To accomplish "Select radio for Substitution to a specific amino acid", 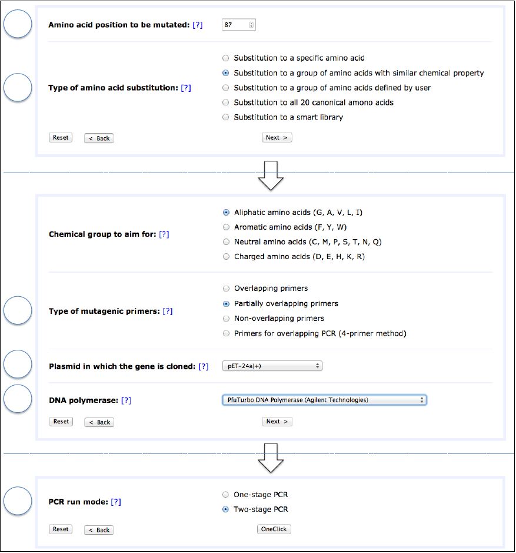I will tap(226, 58).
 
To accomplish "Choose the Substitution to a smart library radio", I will tap(226, 117).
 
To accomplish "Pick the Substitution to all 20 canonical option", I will tap(226, 102).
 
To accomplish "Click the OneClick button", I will tap(274, 529).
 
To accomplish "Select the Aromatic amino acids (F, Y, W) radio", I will tap(226, 227).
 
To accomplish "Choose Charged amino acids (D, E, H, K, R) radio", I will tap(226, 257).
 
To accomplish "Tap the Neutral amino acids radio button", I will tap(226, 242).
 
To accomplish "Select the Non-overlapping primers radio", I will tap(226, 319).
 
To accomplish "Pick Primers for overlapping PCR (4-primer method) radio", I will tap(226, 334).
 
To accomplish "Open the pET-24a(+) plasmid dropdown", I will tap(272, 366).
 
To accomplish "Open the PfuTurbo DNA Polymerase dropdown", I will tap(324, 400).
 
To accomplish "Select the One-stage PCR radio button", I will tap(226, 495).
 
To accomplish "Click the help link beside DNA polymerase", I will tap(126, 400).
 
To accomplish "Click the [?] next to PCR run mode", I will tap(116, 502).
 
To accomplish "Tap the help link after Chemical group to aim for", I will tap(164, 234).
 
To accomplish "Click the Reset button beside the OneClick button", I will tap(61, 529).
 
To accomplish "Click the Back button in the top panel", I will tap(99, 138).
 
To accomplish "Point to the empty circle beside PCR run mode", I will tap(18, 502).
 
